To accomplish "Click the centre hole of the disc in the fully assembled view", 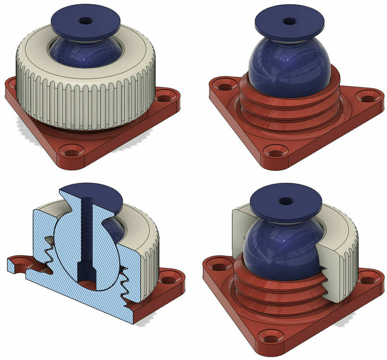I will [x=85, y=20].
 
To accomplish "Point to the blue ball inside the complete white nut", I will [x=85, y=55].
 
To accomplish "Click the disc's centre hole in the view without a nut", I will [x=289, y=21].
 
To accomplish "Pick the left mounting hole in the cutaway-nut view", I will [x=219, y=267].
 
